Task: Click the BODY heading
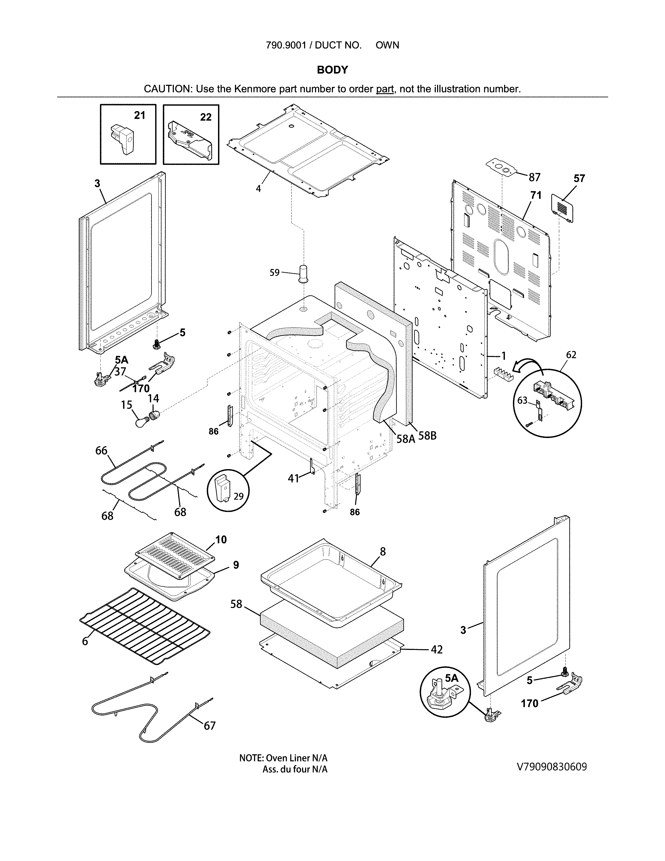(332, 70)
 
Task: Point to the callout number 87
(534, 177)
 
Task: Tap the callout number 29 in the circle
(238, 496)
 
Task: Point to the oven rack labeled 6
(144, 627)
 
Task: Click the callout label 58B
(427, 436)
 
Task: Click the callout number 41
(293, 479)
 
